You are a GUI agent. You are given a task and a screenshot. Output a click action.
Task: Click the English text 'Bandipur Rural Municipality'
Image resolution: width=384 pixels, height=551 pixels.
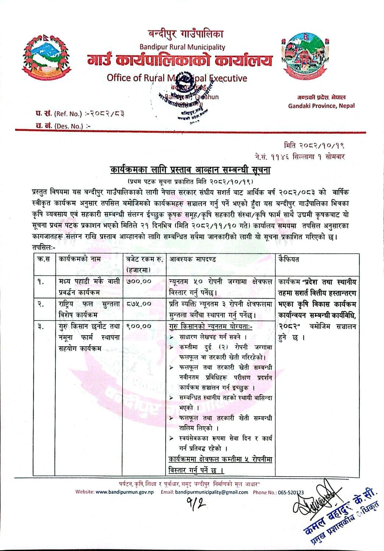[182, 47]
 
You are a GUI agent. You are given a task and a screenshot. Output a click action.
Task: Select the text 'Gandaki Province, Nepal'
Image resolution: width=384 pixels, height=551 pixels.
[321, 106]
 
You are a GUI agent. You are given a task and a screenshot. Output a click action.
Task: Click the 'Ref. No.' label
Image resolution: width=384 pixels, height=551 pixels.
[68, 114]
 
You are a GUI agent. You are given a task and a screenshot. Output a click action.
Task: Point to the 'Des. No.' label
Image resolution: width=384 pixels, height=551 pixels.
[69, 126]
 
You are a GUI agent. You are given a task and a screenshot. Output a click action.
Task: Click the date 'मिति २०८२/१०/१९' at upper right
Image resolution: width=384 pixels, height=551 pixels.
[314, 145]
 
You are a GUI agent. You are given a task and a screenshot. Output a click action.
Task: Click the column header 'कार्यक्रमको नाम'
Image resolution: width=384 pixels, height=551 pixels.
[79, 259]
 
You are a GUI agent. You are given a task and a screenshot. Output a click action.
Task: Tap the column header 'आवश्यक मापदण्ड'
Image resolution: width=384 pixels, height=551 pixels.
[192, 259]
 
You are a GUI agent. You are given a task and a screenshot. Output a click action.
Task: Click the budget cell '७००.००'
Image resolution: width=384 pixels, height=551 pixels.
[138, 282]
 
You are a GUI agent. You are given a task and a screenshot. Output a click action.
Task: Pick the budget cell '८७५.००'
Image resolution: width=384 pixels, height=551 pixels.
[138, 304]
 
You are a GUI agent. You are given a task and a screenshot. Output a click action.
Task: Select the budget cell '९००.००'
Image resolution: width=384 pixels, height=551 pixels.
[138, 326]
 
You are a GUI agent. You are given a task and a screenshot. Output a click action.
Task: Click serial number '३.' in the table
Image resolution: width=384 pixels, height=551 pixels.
[40, 326]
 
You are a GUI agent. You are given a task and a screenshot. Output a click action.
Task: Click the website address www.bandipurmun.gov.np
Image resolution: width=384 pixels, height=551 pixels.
[125, 492]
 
